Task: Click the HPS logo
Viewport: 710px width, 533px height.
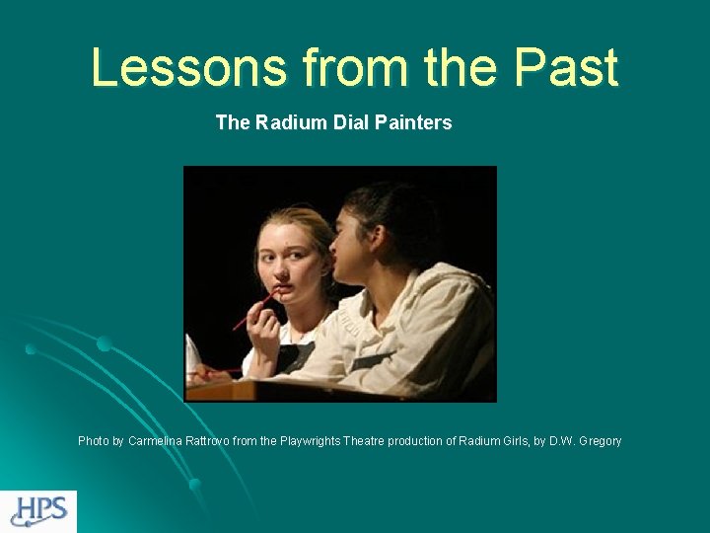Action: click(x=38, y=511)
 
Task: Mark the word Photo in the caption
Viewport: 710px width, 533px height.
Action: click(x=94, y=441)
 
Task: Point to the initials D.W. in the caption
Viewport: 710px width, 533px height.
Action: click(x=560, y=441)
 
